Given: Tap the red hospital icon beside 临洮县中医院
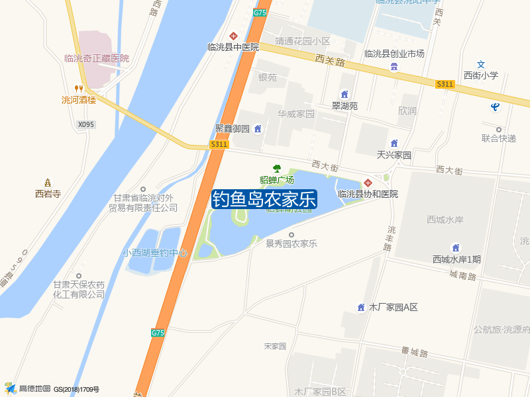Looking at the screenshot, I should point(233,36).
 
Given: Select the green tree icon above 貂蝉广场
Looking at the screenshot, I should point(277,168).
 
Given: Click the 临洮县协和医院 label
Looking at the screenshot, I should point(368,194).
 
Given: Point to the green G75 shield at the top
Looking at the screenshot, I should point(260,13).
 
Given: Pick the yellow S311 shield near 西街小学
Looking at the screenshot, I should point(445,84).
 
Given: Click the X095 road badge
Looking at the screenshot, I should point(86,124).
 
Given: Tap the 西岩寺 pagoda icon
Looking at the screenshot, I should point(48,183).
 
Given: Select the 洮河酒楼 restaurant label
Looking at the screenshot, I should point(79,100).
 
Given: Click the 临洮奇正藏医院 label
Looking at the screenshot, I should point(97,58).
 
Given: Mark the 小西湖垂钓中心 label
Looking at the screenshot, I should point(156,253).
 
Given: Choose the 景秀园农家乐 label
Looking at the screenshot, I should point(291,243).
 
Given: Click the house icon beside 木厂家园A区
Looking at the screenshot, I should point(361,307).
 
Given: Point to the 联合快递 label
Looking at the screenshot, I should point(499,138).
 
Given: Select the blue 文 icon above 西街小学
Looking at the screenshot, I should point(482,65).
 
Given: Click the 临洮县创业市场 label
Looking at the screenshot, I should point(394,54).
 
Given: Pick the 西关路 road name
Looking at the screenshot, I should point(331,61).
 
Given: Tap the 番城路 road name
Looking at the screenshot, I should point(414,353).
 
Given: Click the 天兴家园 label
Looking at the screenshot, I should point(394,155).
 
